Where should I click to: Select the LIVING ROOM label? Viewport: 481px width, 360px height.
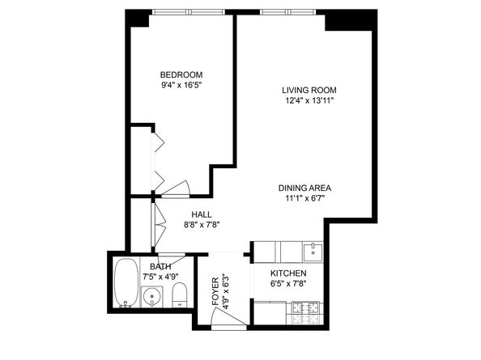pos(309,90)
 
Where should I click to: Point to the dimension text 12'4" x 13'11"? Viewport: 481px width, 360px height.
pos(309,100)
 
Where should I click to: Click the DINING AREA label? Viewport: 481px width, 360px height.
pos(304,187)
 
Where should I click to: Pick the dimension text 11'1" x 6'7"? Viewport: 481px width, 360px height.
pos(304,197)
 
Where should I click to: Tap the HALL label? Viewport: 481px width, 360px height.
pos(202,214)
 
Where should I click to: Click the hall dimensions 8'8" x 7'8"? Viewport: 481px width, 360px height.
pos(202,225)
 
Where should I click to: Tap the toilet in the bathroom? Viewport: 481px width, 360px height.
pos(181,294)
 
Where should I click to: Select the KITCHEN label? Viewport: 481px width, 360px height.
pos(288,273)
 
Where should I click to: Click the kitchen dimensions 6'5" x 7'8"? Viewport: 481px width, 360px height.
pos(288,284)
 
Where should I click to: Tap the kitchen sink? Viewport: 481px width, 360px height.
pos(312,252)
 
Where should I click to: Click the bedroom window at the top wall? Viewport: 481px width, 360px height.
pos(192,11)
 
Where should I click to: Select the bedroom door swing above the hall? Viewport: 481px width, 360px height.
pos(176,188)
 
